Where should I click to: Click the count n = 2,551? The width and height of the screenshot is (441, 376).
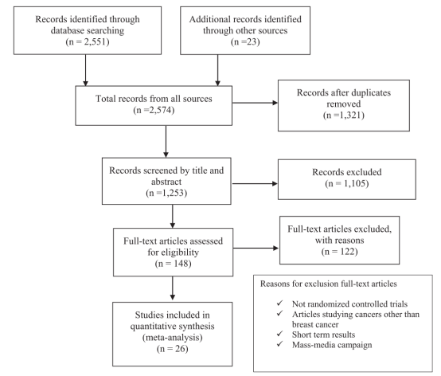point(88,42)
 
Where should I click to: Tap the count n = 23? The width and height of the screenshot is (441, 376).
point(245,42)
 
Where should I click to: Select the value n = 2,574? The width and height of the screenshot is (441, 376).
point(154,110)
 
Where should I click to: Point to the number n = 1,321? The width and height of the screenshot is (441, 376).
point(344,115)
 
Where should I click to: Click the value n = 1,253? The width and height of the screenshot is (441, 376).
point(166,193)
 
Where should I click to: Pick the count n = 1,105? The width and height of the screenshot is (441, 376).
point(347,183)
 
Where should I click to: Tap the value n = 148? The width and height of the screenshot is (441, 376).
point(173,264)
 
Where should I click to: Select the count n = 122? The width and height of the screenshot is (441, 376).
point(339,251)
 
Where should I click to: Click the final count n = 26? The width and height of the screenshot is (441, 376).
point(173,349)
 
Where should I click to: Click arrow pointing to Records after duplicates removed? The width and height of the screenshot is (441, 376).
point(255,103)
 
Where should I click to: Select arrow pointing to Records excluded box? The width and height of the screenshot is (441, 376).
point(255,183)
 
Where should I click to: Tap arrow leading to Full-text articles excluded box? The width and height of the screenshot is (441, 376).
point(256,248)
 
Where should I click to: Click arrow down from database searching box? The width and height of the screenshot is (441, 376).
point(85,70)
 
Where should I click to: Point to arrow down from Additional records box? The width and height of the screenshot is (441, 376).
point(217,70)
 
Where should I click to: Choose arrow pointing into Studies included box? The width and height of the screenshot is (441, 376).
point(173,288)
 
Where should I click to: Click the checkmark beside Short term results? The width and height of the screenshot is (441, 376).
point(280,334)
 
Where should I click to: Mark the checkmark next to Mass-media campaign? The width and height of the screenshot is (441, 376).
point(280,344)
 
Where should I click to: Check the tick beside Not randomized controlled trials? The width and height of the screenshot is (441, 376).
point(280,303)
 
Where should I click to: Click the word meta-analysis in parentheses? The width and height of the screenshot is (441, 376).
point(173,338)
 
